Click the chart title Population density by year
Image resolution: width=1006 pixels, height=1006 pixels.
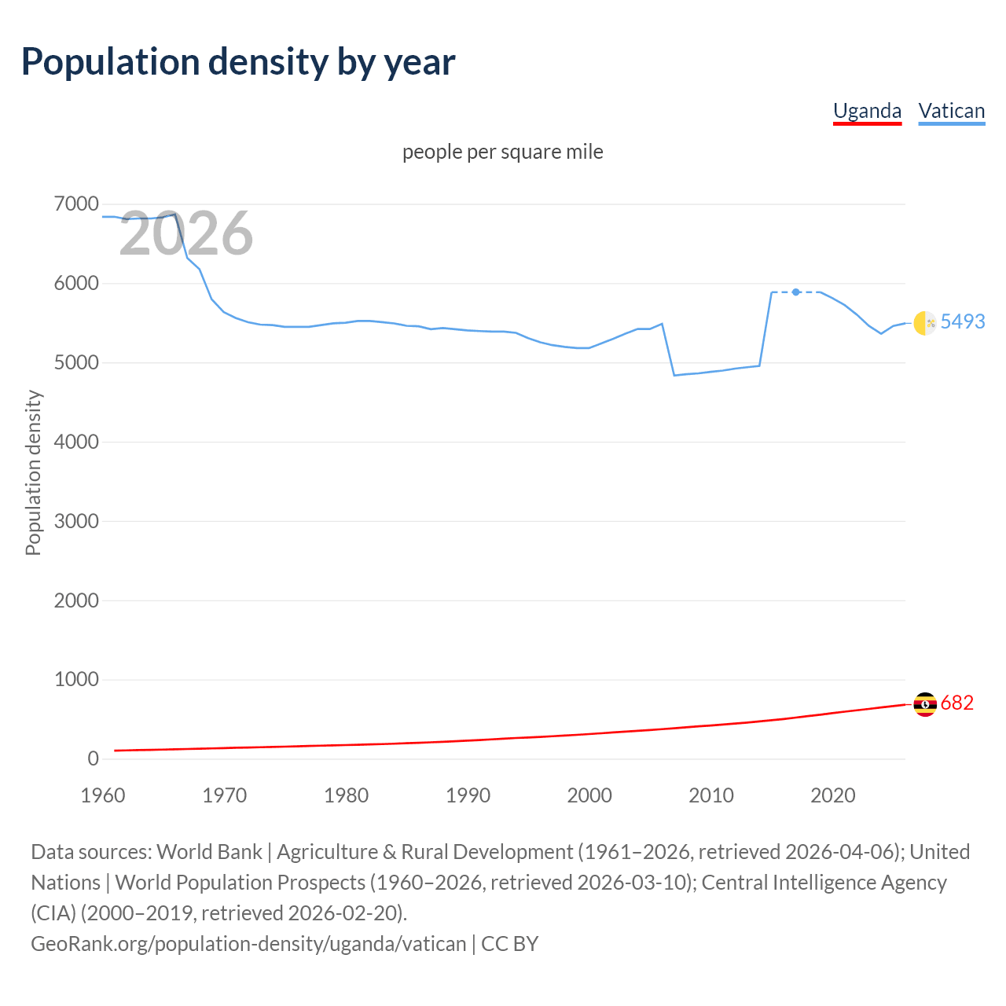(238, 62)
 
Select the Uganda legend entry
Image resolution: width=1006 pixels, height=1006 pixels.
(867, 111)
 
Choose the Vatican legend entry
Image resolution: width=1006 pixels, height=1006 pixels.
(951, 111)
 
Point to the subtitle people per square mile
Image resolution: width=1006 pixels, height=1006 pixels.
(503, 152)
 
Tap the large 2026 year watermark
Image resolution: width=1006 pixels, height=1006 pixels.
(186, 233)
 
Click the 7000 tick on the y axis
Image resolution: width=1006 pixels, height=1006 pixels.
(76, 204)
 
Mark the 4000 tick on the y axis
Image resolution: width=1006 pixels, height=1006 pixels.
(76, 442)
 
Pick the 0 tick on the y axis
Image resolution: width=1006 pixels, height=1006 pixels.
(93, 758)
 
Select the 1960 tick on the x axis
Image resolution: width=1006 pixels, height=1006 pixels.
(103, 795)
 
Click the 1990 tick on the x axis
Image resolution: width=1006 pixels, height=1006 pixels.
(468, 795)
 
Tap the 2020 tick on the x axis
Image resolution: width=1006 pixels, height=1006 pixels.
(832, 795)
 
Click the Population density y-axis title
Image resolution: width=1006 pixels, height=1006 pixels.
(33, 473)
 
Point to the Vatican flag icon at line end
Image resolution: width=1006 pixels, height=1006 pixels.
(925, 322)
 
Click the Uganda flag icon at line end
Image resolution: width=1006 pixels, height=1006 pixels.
(925, 704)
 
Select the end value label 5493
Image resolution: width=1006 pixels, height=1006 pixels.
(963, 321)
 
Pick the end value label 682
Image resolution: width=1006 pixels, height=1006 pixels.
(956, 703)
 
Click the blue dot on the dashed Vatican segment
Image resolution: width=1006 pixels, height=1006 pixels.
(796, 292)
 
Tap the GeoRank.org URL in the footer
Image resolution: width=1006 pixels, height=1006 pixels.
(248, 943)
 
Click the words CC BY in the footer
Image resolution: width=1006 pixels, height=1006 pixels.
(510, 943)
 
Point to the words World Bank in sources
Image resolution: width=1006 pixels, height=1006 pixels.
(210, 852)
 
